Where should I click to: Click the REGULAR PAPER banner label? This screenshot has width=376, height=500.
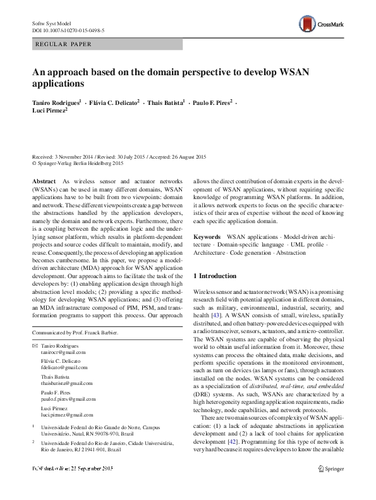click(x=63, y=44)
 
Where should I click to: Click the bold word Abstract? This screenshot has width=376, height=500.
click(x=44, y=181)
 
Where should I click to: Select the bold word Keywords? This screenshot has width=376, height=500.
click(x=207, y=236)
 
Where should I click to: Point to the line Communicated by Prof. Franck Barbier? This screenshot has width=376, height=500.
click(x=75, y=332)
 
